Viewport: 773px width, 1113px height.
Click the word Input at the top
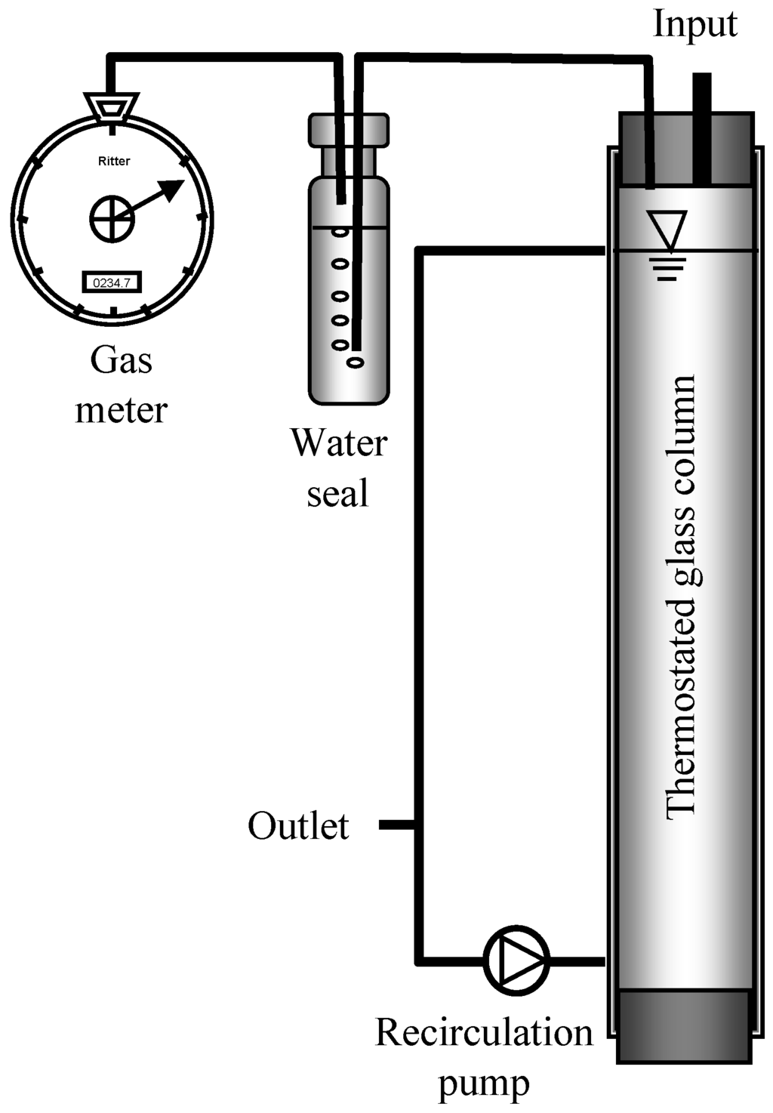(x=694, y=24)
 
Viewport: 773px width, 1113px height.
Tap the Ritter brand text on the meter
(x=114, y=161)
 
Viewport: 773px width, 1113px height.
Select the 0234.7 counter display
(x=112, y=283)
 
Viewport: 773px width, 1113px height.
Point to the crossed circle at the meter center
(x=112, y=219)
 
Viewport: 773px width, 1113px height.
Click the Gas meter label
(x=121, y=385)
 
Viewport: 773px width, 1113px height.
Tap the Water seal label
(x=339, y=468)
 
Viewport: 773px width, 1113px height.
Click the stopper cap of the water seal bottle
(x=348, y=130)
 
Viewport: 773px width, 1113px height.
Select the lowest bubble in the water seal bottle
(x=355, y=362)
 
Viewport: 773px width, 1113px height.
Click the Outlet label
(x=298, y=826)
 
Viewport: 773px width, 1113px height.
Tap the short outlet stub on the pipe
(x=396, y=825)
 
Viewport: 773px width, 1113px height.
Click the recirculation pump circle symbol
(x=516, y=960)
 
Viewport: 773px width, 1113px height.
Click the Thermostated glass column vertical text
(x=682, y=597)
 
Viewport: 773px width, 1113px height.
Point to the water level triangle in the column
(x=667, y=227)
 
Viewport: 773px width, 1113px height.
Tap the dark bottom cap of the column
(x=685, y=1025)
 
